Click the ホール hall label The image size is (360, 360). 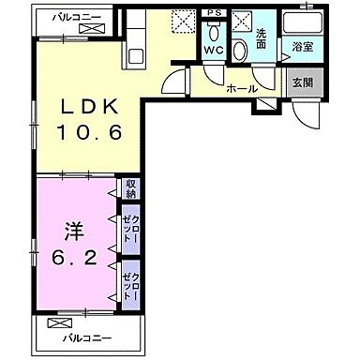coord(242,88)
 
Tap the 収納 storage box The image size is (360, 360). coord(129,188)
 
